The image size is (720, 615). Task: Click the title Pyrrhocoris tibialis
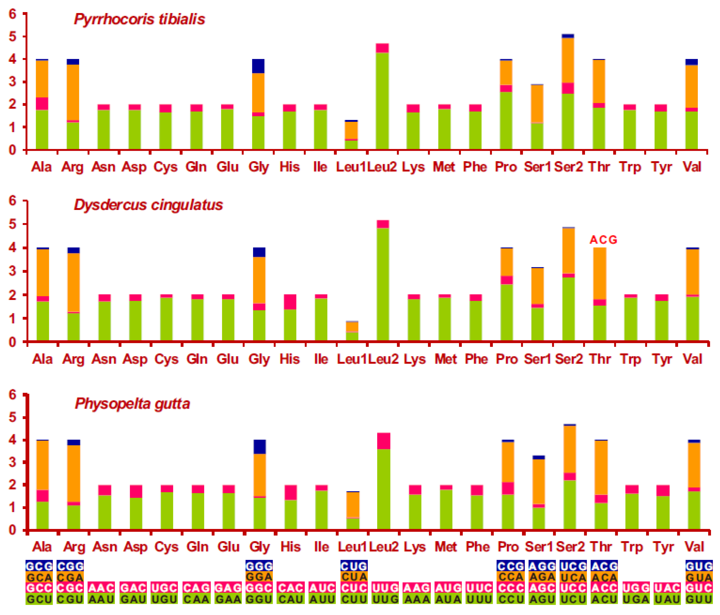pos(139,19)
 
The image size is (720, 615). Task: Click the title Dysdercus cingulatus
pos(148,205)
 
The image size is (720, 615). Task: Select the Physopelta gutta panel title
pos(132,404)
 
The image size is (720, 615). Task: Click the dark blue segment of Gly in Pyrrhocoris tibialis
pos(258,66)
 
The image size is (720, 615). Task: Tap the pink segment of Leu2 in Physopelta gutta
pos(384,441)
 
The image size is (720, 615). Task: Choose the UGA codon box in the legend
pos(636,599)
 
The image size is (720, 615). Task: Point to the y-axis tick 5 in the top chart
pos(13,36)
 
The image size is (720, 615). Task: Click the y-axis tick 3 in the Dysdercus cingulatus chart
pos(13,271)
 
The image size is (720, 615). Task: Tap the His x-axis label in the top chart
pos(289,167)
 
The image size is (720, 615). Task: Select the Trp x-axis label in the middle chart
pos(630,359)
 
